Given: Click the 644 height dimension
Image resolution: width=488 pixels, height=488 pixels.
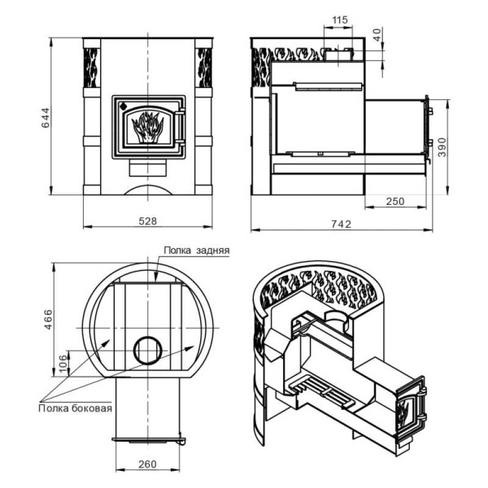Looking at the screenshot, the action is [x=46, y=118].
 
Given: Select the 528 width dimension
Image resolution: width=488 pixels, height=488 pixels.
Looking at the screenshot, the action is [x=147, y=221].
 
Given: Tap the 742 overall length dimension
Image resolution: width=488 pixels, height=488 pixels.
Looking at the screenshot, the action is [x=341, y=224].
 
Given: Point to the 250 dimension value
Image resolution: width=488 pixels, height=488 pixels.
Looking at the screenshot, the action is [x=395, y=202].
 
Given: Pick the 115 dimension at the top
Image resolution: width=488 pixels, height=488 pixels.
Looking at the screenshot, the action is [x=339, y=20].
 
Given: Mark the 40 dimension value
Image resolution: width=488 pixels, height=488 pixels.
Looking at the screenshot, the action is [x=377, y=34].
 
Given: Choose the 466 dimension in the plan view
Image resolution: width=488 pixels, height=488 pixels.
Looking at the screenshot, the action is [x=48, y=320].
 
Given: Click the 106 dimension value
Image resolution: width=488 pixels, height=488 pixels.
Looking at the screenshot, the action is [x=63, y=364].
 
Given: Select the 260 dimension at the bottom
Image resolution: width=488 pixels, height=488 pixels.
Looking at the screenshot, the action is [x=147, y=464].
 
